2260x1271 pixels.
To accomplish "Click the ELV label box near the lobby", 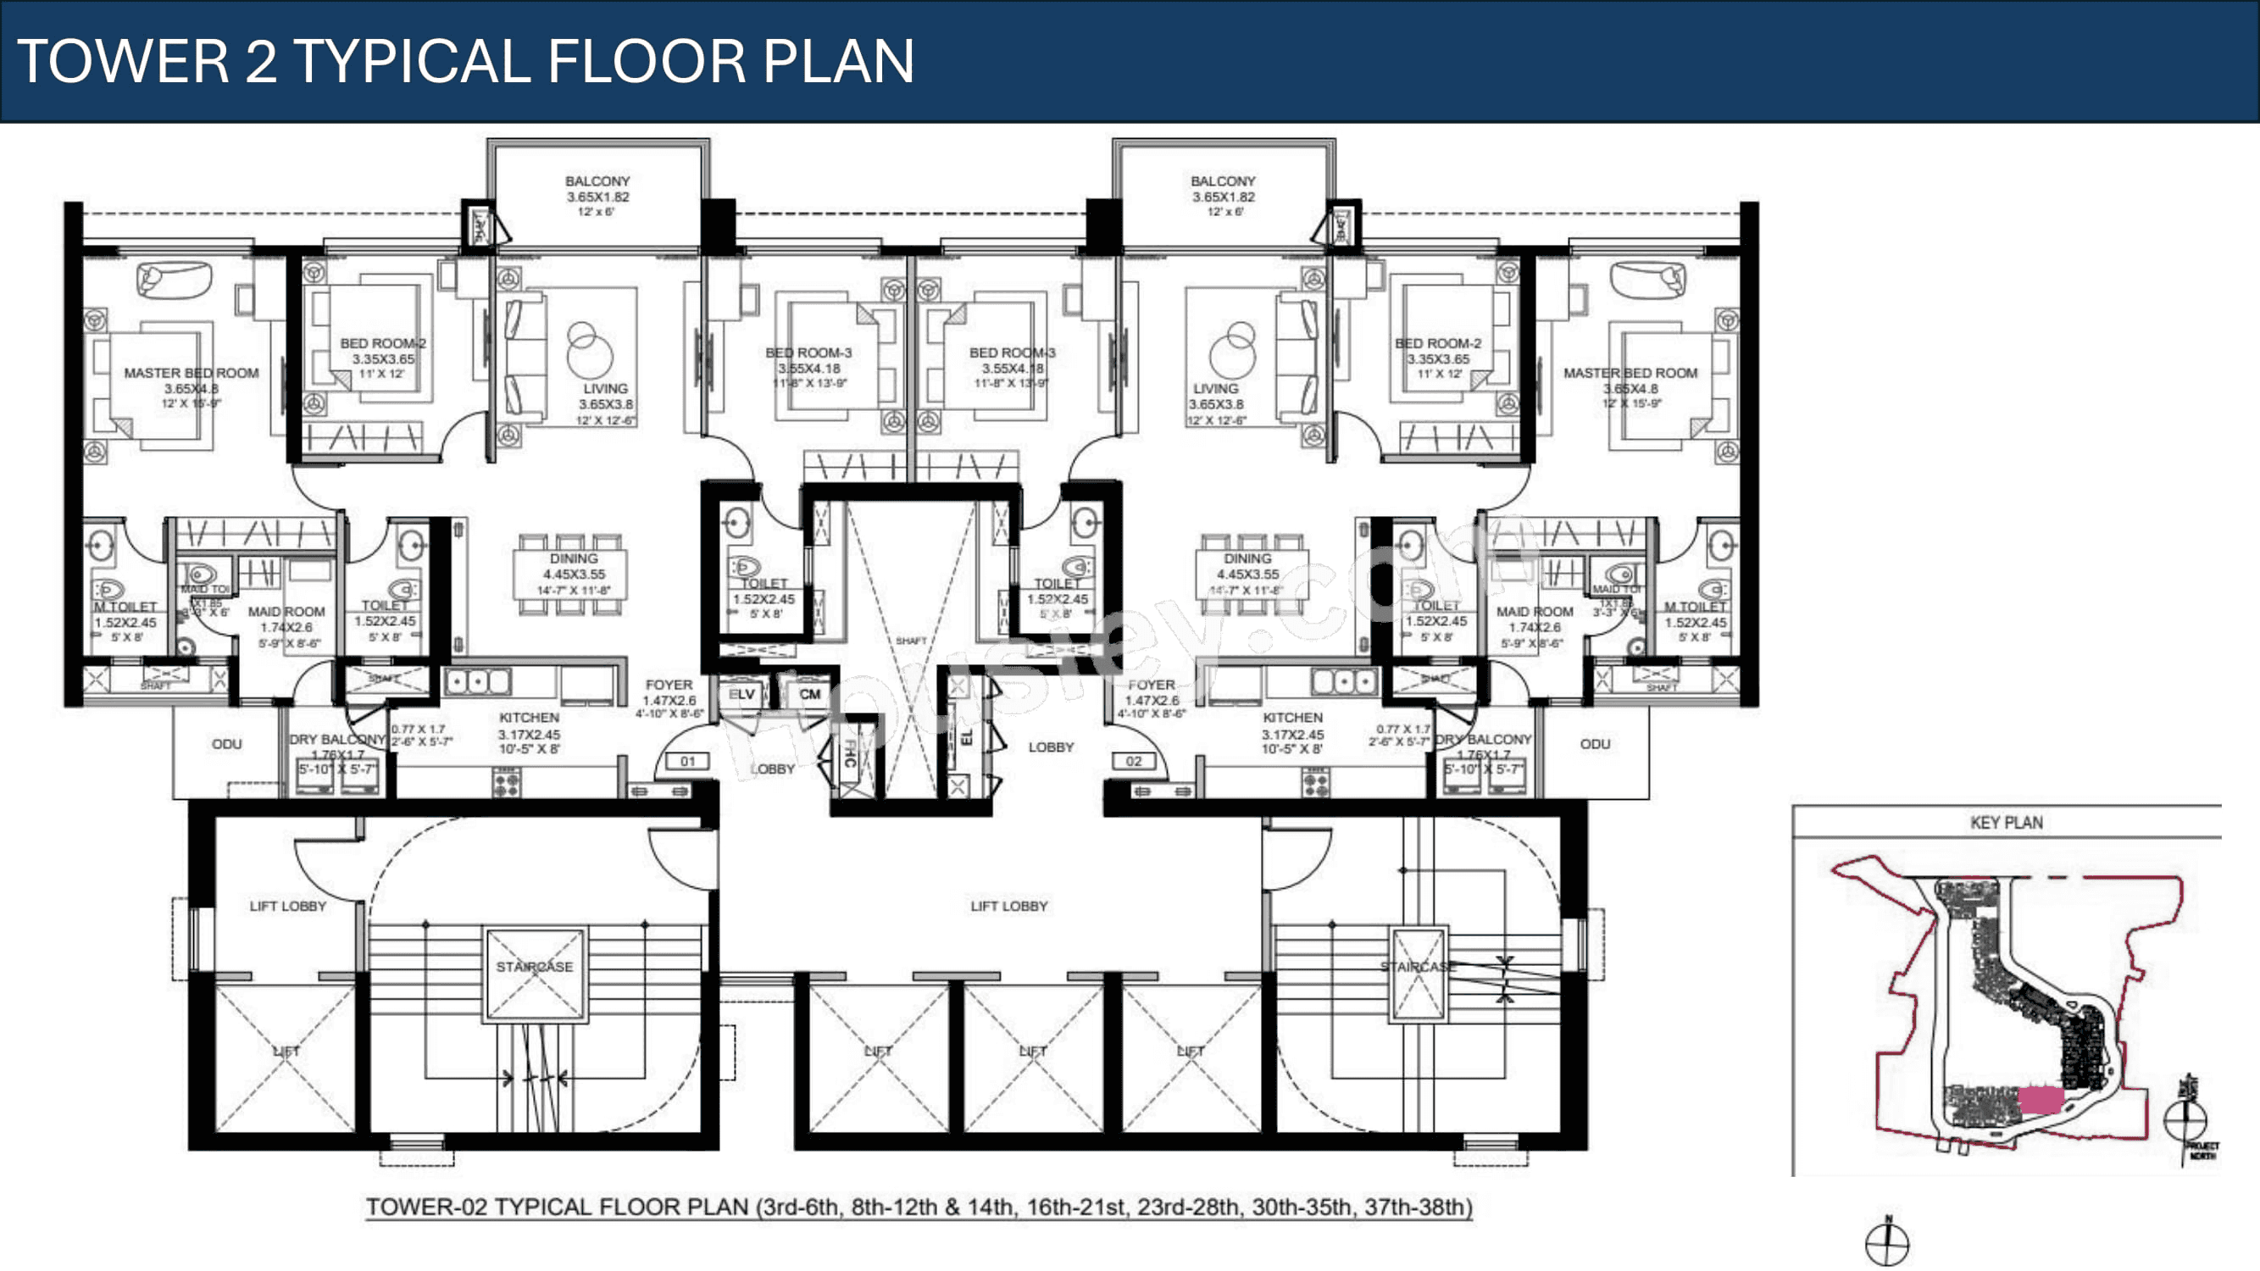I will [x=742, y=694].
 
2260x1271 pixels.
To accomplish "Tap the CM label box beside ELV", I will [x=809, y=694].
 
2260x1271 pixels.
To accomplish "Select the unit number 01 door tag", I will [x=688, y=761].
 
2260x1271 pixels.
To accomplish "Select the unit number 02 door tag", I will [x=1134, y=761].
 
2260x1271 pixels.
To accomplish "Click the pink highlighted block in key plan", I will [x=2039, y=1099].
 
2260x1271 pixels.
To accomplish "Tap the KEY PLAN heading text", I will [x=2006, y=823].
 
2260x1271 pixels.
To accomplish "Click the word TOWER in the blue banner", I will [x=123, y=61].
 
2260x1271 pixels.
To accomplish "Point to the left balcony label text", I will [x=597, y=181].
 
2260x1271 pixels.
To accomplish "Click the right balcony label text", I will [x=1223, y=181].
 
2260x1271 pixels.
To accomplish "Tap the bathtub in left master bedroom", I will [x=175, y=280].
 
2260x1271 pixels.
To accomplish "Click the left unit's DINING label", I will [x=574, y=558].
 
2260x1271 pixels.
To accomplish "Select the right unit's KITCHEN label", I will [x=1292, y=718].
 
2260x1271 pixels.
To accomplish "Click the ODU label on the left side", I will [x=226, y=744].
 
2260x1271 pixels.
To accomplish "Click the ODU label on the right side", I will [x=1595, y=744].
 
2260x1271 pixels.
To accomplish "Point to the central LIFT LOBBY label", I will [x=1009, y=906].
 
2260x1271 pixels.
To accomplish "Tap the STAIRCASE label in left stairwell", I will [x=535, y=967].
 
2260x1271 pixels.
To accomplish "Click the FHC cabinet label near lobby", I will [x=849, y=753].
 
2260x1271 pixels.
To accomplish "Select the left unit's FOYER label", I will [x=669, y=685].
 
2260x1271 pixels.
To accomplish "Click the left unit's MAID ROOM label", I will [x=286, y=612].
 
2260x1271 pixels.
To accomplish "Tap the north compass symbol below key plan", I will [x=1887, y=1243].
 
